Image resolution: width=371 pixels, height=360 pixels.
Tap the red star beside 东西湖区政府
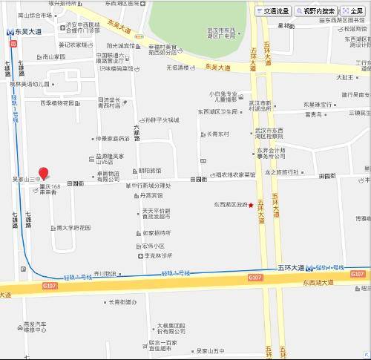(x=251, y=205)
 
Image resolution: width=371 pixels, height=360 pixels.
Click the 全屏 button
(x=354, y=11)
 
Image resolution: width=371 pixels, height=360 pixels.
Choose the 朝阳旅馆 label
(x=151, y=170)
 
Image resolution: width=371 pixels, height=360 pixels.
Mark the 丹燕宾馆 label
(x=148, y=196)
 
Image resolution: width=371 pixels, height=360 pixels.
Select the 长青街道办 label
(x=121, y=301)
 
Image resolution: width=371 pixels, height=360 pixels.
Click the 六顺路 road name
(x=137, y=133)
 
